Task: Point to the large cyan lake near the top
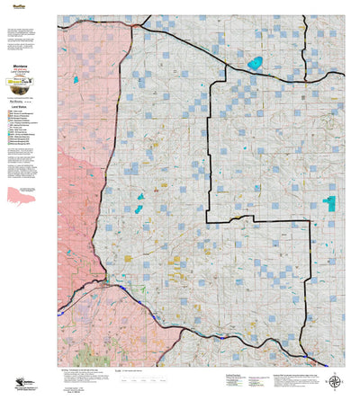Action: [x=255, y=64]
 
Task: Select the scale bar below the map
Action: [x=135, y=370]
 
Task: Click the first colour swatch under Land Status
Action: [x=8, y=111]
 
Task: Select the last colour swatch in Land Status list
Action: [x=8, y=145]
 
